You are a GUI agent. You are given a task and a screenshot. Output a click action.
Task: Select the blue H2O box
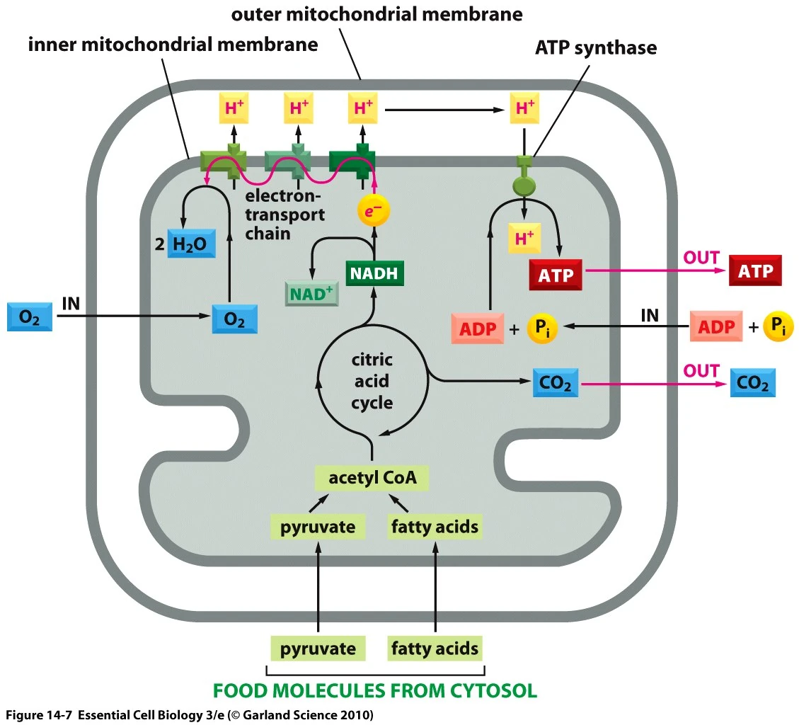(x=191, y=244)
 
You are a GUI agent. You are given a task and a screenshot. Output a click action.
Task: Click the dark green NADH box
(x=374, y=273)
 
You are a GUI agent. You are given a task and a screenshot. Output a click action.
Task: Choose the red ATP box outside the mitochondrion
(x=755, y=270)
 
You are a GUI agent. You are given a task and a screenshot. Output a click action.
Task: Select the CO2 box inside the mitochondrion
(x=555, y=384)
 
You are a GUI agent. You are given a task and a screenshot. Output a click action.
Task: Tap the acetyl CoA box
(x=372, y=478)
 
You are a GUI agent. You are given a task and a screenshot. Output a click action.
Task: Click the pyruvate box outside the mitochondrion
(x=318, y=648)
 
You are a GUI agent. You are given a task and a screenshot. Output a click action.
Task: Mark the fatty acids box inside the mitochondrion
(x=435, y=527)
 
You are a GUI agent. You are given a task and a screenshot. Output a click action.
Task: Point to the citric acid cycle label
(x=372, y=382)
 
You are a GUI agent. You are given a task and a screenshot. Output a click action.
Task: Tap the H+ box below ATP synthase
(x=524, y=239)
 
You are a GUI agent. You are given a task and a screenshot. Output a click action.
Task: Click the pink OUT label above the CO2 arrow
(x=701, y=370)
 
